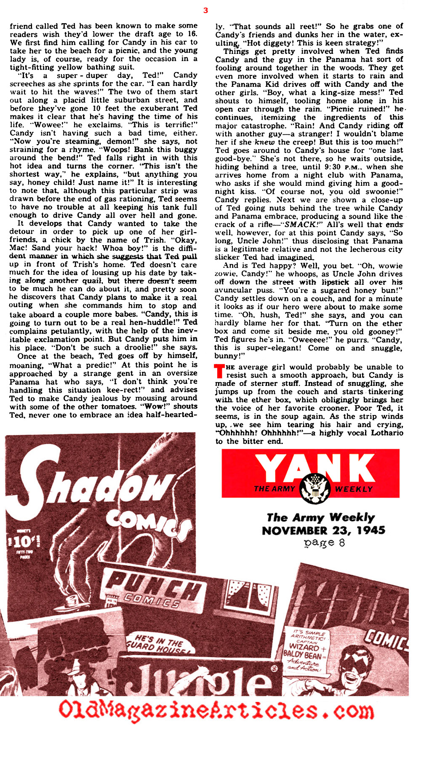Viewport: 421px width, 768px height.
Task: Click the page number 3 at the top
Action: click(x=205, y=11)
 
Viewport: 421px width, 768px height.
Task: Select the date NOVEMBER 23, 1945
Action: click(x=323, y=530)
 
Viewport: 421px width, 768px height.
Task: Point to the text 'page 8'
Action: click(x=324, y=543)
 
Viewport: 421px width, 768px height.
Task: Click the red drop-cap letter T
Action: click(x=219, y=371)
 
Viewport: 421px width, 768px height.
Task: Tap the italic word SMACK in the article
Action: click(x=299, y=225)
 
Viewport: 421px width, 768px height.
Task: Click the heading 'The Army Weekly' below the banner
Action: click(x=320, y=517)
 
